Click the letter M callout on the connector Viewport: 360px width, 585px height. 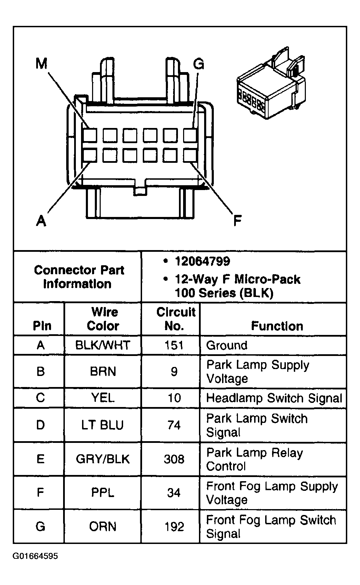41,63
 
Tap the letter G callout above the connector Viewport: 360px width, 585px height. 198,64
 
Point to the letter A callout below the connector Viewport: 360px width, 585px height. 41,220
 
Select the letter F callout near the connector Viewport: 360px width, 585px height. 237,220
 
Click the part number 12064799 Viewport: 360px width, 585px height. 202,261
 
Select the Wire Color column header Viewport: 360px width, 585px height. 103,319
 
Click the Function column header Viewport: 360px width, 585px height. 277,326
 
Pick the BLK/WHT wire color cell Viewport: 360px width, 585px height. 103,345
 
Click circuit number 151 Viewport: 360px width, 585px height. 174,345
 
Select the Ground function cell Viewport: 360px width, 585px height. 227,345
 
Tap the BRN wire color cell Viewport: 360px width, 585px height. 103,371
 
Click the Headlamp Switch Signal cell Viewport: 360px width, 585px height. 274,398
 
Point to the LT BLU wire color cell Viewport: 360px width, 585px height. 103,425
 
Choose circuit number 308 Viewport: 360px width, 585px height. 174,459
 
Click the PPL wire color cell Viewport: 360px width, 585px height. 103,493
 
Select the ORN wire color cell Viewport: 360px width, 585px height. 103,527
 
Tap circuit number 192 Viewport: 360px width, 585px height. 174,527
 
